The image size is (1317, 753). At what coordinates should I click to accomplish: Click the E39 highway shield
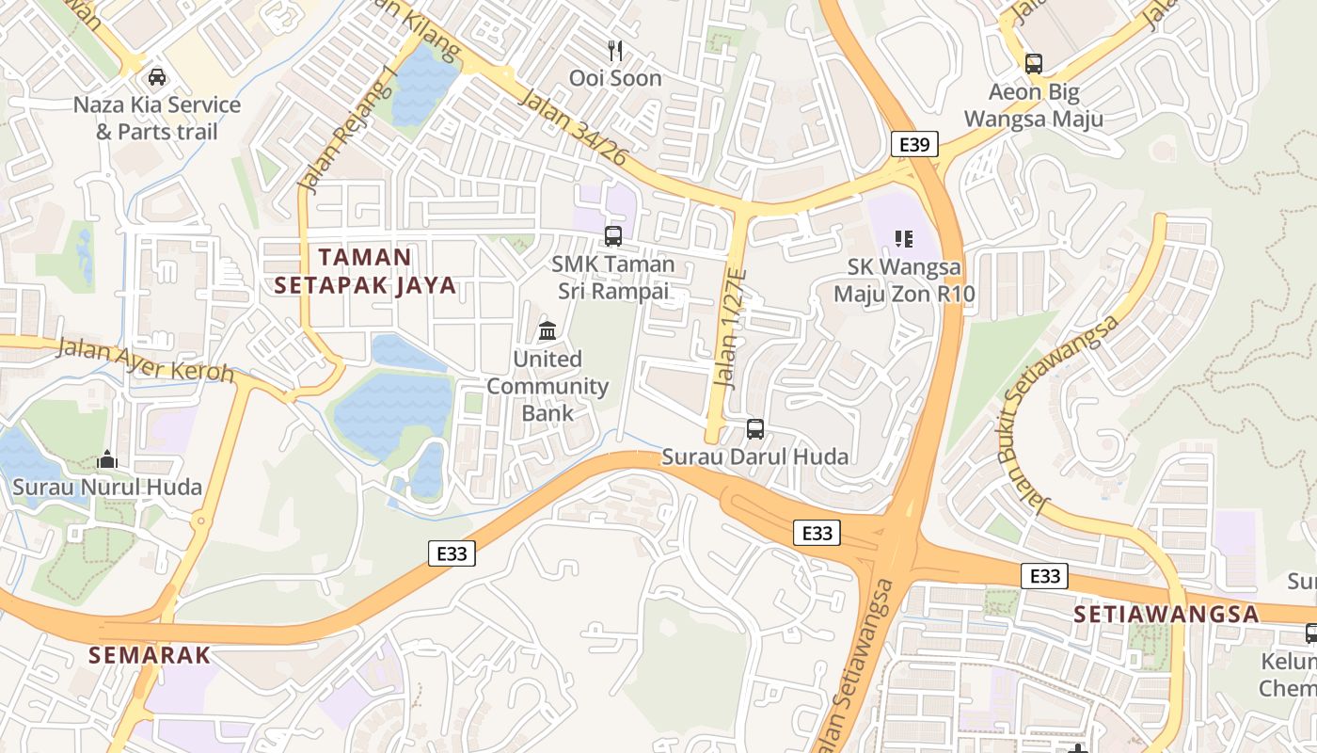[914, 144]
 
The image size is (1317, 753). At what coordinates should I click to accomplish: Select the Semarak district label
[150, 655]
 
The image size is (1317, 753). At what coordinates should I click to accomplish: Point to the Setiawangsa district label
[1166, 614]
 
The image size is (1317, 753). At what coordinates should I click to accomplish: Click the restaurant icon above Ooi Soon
[615, 51]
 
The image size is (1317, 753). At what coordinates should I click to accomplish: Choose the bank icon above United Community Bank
[547, 331]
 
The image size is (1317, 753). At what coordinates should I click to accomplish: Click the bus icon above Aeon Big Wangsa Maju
[1033, 64]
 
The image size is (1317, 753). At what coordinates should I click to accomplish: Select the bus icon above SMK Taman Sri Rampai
[613, 236]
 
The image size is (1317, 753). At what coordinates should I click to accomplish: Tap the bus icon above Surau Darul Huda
[754, 429]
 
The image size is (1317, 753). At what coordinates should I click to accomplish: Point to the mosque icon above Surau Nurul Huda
[107, 460]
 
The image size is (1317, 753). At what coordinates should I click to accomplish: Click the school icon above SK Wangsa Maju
[904, 239]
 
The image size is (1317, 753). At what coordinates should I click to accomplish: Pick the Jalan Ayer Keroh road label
[146, 360]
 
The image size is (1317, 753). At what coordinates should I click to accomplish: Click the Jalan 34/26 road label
[572, 129]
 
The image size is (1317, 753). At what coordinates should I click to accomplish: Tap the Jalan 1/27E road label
[730, 328]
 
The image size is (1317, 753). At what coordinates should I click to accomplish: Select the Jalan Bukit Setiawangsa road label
[1059, 412]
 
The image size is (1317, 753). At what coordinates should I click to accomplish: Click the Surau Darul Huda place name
[754, 457]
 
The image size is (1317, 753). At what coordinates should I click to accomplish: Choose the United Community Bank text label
[547, 386]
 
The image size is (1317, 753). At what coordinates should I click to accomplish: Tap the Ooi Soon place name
[615, 78]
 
